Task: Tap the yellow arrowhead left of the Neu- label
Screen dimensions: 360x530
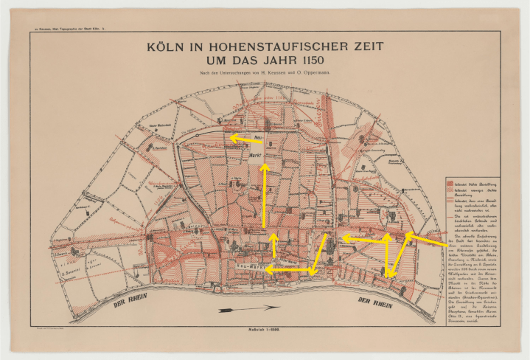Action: (229, 137)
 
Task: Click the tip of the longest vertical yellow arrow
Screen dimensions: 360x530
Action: (264, 166)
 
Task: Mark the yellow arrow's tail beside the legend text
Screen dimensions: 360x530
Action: (447, 243)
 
